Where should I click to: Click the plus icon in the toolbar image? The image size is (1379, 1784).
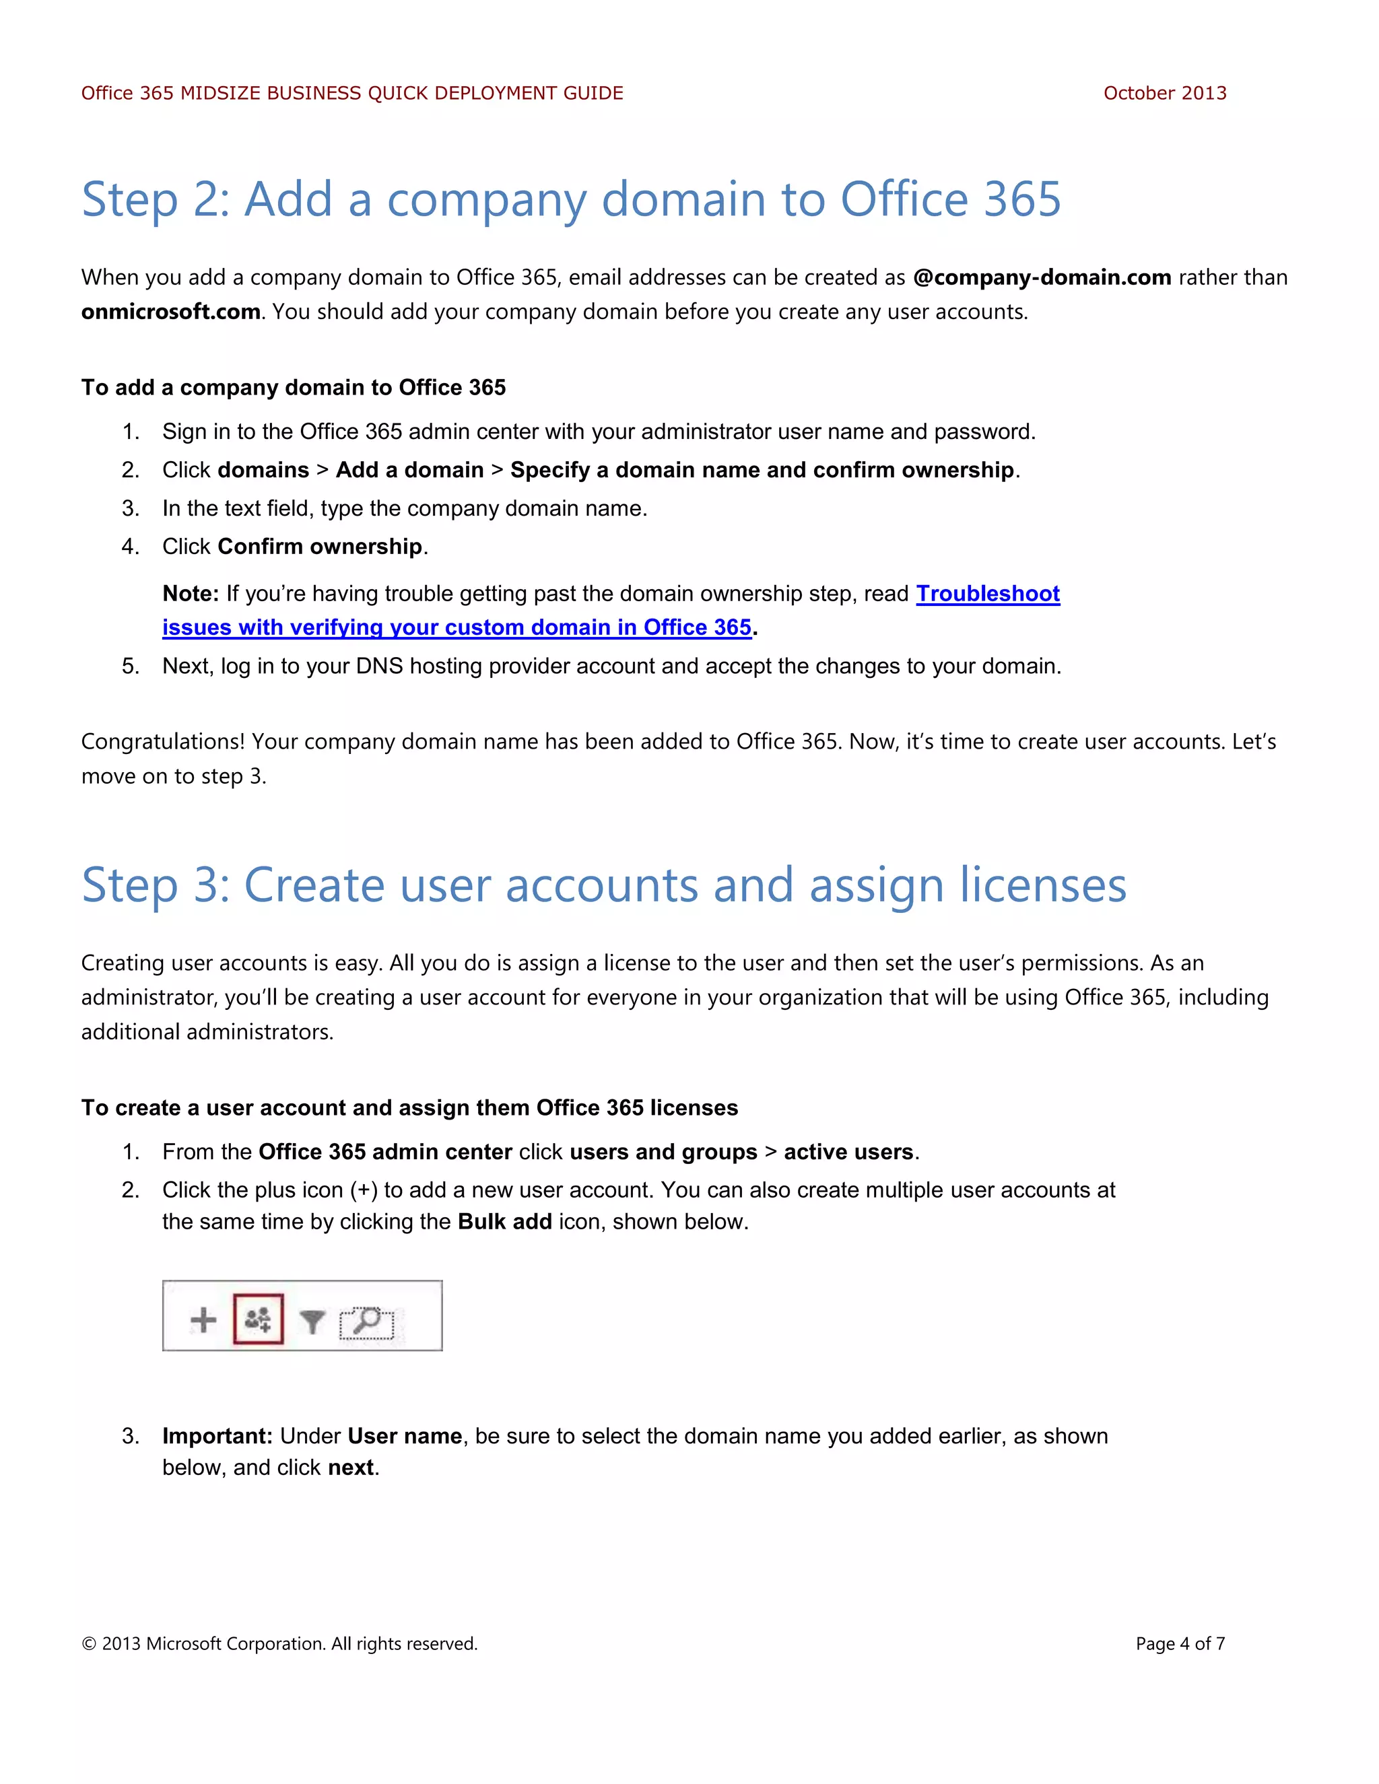tap(203, 1320)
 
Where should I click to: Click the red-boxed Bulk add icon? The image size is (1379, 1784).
tap(258, 1318)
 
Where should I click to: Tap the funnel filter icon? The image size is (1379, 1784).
tap(312, 1321)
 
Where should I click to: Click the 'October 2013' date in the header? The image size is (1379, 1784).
tap(1164, 93)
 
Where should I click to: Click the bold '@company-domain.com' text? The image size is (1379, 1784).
tap(1042, 278)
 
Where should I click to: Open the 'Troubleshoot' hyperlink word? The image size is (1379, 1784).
tap(988, 594)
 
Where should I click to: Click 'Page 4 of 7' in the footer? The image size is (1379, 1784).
tap(1180, 1643)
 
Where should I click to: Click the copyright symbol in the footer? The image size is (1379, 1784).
tap(88, 1643)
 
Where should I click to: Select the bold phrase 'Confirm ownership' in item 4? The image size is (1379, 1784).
tap(319, 547)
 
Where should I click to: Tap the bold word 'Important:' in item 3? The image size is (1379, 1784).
tap(217, 1436)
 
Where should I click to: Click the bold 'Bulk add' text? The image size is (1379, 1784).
tap(504, 1222)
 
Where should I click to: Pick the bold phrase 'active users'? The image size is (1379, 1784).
tap(848, 1152)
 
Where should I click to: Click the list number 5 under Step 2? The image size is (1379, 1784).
tap(130, 666)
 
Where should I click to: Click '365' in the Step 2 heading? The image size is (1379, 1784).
tap(1021, 199)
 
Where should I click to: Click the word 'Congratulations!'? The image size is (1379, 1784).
tap(162, 742)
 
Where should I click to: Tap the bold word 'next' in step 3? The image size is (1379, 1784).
tap(350, 1468)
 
